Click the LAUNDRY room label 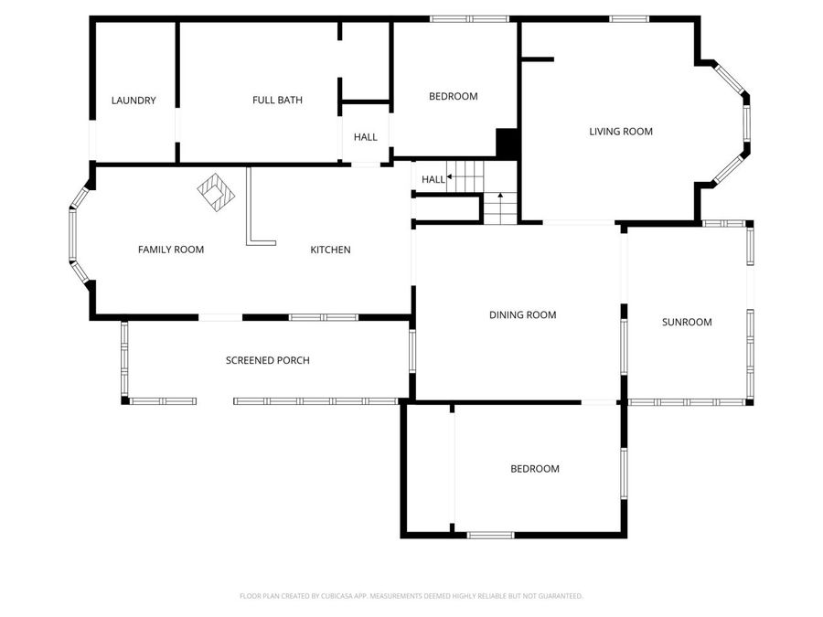point(134,101)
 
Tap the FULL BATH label point(277,100)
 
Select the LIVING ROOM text point(621,132)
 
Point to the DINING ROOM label point(522,315)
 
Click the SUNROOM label point(687,322)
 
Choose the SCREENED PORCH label point(267,360)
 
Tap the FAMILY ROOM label point(171,250)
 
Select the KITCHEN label point(330,250)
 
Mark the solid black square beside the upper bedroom point(508,143)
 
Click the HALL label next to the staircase point(433,179)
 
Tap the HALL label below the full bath point(366,137)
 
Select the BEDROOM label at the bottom point(534,469)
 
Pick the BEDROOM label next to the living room point(454,96)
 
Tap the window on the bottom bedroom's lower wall point(490,535)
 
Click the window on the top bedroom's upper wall point(469,18)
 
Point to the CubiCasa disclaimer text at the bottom point(411,596)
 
